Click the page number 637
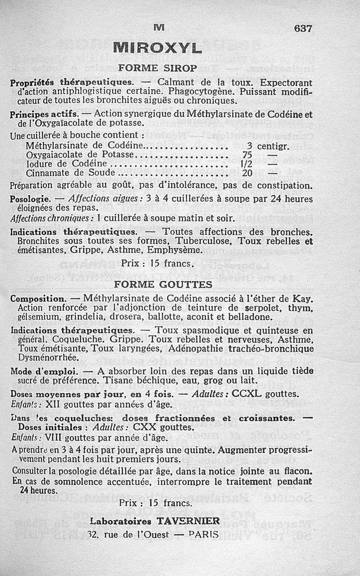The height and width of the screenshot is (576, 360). click(303, 28)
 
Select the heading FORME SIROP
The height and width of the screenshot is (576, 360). click(157, 68)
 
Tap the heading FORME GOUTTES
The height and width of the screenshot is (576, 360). click(163, 284)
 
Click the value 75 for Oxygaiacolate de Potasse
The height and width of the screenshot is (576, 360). click(247, 155)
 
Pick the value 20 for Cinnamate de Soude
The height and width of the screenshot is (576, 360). click(247, 173)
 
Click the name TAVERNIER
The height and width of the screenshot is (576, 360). click(188, 521)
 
